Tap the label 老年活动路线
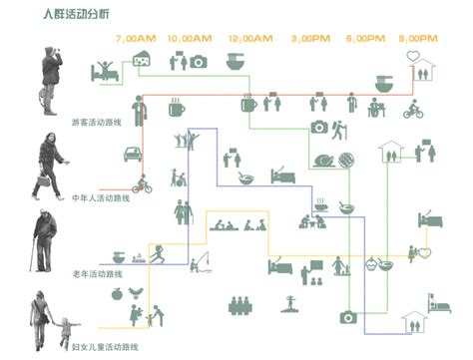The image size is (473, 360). point(99,272)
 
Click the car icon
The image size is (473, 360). point(131,154)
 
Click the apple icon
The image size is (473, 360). point(117,294)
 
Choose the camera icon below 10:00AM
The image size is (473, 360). point(198,62)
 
